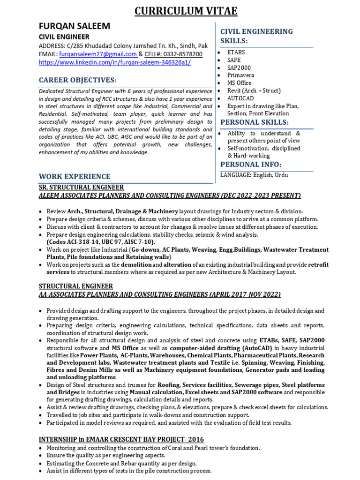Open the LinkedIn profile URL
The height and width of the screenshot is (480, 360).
(x=114, y=62)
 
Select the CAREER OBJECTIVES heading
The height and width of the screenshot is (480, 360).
(x=77, y=80)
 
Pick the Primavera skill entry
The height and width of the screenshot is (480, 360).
(x=240, y=75)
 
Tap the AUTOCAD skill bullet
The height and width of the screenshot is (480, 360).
(x=240, y=98)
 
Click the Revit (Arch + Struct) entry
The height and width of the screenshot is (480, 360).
(x=254, y=90)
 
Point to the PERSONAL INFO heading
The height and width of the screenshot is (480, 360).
(x=251, y=164)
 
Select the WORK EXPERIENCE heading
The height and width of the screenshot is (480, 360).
(x=75, y=177)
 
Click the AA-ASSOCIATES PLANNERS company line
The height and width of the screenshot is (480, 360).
(x=159, y=294)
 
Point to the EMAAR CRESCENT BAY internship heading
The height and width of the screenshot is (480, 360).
(x=121, y=439)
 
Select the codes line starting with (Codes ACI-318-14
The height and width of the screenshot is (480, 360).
(x=100, y=242)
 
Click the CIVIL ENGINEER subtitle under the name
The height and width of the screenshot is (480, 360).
(x=64, y=37)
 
